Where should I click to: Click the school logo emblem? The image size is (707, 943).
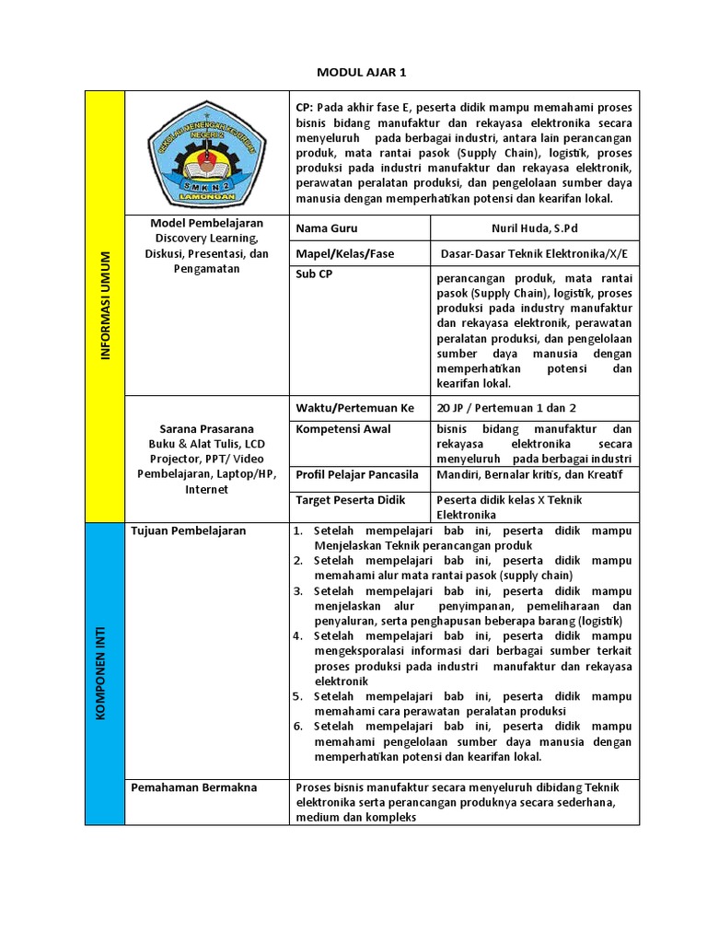(206, 153)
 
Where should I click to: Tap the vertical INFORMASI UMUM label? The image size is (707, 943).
(104, 305)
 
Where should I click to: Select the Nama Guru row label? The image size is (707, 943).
(327, 228)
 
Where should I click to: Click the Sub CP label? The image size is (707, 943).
(313, 274)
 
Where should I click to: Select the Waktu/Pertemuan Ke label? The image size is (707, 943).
(355, 408)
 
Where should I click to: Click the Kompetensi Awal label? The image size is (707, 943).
(343, 429)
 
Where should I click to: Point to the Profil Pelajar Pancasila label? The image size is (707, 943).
(357, 475)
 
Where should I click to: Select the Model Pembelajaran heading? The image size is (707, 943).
(206, 223)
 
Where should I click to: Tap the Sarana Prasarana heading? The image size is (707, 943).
(206, 429)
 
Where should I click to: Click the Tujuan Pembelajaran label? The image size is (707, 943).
(188, 531)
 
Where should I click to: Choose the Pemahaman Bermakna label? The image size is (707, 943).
(194, 787)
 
